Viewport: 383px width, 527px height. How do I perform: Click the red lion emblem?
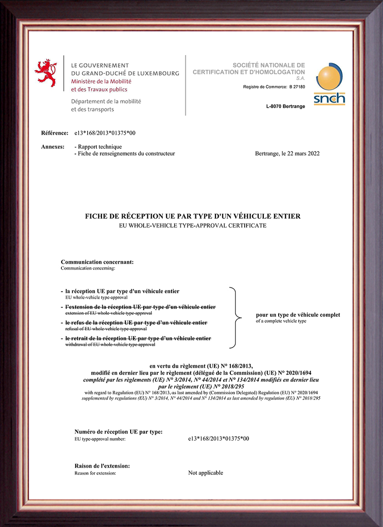(x=46, y=73)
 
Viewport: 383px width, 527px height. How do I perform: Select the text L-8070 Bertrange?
(x=285, y=106)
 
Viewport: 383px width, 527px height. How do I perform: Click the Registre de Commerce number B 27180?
(x=296, y=87)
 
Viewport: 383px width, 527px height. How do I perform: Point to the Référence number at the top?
(x=102, y=133)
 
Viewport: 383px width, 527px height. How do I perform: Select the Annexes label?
(x=53, y=147)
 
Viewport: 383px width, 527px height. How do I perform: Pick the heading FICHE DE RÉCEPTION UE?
(x=192, y=216)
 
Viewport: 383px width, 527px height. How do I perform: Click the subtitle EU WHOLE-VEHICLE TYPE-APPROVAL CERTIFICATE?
(x=192, y=225)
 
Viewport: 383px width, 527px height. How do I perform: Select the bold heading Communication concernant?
(x=97, y=262)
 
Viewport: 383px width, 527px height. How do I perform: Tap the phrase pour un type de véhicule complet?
(x=298, y=315)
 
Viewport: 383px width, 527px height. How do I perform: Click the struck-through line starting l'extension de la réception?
(x=140, y=307)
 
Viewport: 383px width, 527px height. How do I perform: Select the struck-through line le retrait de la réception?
(x=138, y=339)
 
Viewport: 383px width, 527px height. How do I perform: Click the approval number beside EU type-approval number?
(x=219, y=438)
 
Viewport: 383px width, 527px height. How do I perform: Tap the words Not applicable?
(x=205, y=473)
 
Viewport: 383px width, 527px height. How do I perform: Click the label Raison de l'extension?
(x=102, y=466)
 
